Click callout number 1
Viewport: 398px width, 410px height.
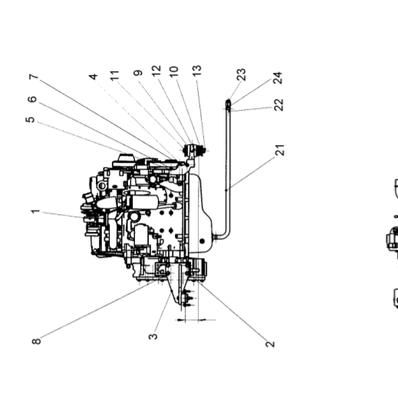coord(35,211)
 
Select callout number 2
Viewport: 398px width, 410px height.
coord(270,343)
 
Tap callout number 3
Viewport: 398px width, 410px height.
coord(153,336)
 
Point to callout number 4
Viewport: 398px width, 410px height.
coord(94,77)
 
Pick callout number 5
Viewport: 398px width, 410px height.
coord(31,120)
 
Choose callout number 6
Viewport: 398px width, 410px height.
coord(32,99)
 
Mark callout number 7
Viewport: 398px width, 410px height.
coord(34,77)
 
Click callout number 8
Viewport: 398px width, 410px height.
coord(36,341)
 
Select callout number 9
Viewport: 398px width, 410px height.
coord(138,73)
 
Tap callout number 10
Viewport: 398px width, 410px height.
coord(174,71)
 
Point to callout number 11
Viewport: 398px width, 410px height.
coord(114,75)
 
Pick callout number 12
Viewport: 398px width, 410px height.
coord(156,71)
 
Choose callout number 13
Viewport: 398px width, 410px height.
coord(197,71)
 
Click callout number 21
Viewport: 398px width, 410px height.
coord(280,150)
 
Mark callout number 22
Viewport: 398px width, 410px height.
coord(279,104)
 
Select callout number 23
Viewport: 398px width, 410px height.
coord(242,74)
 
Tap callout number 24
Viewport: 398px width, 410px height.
coord(278,78)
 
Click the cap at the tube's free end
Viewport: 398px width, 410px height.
coord(229,104)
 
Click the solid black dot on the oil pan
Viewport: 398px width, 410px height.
coord(202,241)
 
